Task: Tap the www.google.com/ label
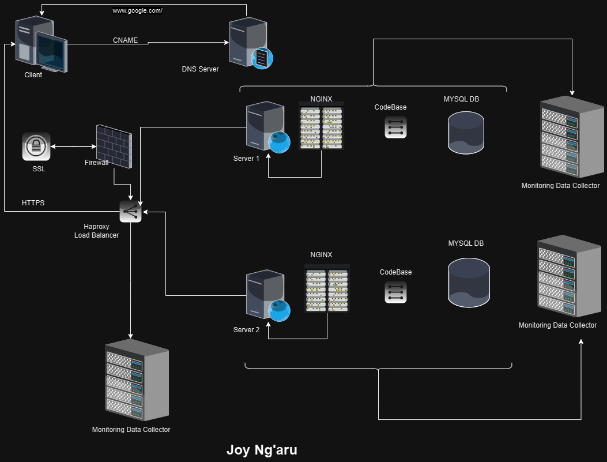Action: pyautogui.click(x=137, y=11)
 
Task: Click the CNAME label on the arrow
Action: pyautogui.click(x=125, y=40)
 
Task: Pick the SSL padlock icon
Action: pyautogui.click(x=36, y=147)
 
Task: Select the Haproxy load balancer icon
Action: pyautogui.click(x=130, y=212)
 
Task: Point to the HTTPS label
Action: pyautogui.click(x=33, y=203)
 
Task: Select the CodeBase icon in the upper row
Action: pyautogui.click(x=395, y=127)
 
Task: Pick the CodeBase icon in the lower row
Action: pyautogui.click(x=395, y=292)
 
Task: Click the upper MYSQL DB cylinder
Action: pyautogui.click(x=466, y=133)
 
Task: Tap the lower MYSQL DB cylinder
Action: pyautogui.click(x=469, y=283)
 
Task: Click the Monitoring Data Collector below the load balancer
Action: pyautogui.click(x=137, y=381)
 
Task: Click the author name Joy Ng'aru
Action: pyautogui.click(x=262, y=450)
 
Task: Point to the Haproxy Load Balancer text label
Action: pyautogui.click(x=96, y=231)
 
